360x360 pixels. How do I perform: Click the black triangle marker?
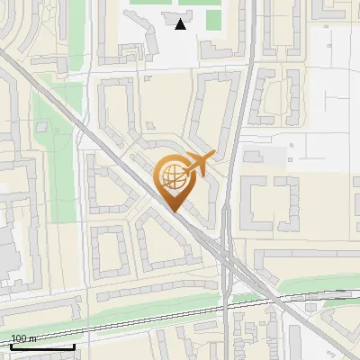(181, 23)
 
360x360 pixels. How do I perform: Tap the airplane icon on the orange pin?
(200, 162)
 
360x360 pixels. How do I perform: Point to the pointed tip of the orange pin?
(174, 211)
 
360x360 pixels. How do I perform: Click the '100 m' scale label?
(22, 338)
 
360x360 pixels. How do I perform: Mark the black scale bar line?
(42, 346)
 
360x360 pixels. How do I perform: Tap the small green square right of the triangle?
(212, 20)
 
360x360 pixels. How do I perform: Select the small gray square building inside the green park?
(43, 125)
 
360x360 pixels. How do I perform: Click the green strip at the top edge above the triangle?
(171, 3)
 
